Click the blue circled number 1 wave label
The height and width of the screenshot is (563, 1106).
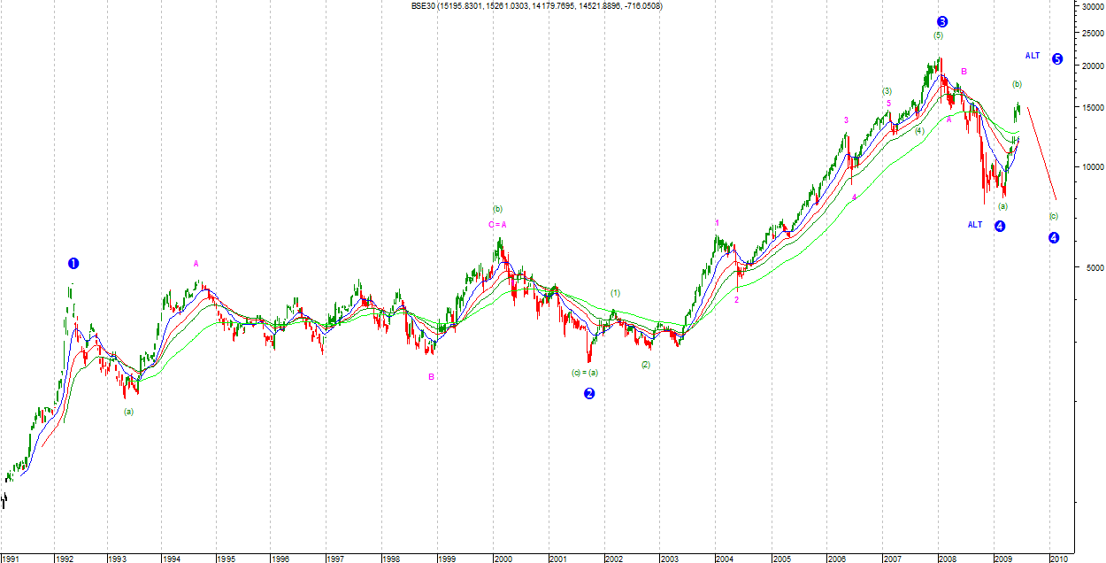[73, 263]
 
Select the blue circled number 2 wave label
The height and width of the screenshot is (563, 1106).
[589, 393]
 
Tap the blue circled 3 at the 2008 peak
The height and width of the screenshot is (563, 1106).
[942, 21]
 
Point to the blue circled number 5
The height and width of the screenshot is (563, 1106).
[1057, 58]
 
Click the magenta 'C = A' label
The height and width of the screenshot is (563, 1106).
[496, 225]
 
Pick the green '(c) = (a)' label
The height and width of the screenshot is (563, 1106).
[585, 373]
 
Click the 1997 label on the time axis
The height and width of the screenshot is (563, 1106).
[334, 559]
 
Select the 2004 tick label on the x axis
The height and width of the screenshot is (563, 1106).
[725, 559]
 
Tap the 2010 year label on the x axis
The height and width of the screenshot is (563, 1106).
[1057, 559]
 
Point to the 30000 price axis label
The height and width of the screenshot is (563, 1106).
[1090, 6]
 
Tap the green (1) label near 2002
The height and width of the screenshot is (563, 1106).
[615, 293]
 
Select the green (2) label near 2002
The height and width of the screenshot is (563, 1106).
[646, 365]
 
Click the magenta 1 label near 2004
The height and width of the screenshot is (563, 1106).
[718, 222]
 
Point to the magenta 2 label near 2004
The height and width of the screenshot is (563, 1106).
[736, 300]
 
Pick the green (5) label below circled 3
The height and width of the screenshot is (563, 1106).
[938, 35]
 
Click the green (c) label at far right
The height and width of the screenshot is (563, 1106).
[1053, 216]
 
